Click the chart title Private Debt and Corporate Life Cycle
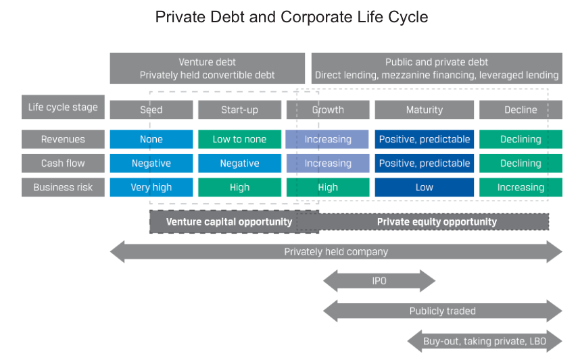(291, 17)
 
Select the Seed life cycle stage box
(151, 109)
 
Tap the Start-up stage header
(240, 109)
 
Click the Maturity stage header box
(425, 109)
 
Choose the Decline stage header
(521, 109)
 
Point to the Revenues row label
(63, 139)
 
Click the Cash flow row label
(63, 163)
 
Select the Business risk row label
(63, 187)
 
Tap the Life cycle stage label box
(63, 107)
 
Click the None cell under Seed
(151, 139)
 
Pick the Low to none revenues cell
(240, 139)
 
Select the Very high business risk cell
(151, 187)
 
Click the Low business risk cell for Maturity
(425, 187)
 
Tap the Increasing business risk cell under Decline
(521, 187)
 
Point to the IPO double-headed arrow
(379, 281)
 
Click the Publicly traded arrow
(442, 311)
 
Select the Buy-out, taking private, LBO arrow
(485, 341)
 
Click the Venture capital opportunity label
(229, 222)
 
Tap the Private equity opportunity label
(437, 222)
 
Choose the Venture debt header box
(207, 68)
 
